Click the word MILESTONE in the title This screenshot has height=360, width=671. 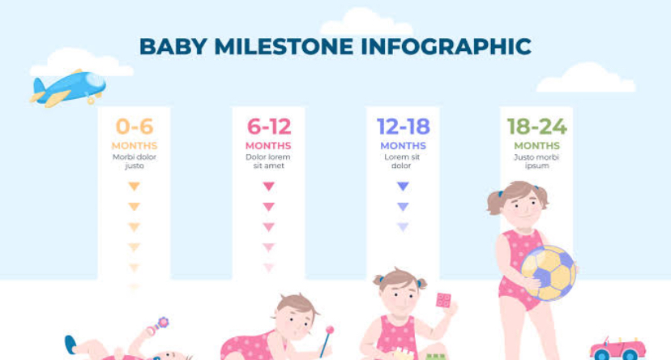click(x=284, y=46)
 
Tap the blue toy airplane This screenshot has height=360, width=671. click(x=68, y=88)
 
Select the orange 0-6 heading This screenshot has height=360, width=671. click(x=135, y=126)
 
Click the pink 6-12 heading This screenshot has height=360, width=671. click(x=269, y=126)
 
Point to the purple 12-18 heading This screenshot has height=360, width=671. click(x=403, y=126)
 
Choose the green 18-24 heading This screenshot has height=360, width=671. click(x=537, y=126)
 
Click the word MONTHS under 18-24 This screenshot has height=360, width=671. click(x=537, y=146)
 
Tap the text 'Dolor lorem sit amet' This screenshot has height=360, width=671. click(x=268, y=161)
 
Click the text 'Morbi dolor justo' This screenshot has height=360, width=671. click(x=135, y=161)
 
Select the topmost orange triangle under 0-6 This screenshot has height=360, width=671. click(x=135, y=186)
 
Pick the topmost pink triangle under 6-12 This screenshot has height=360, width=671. click(x=269, y=186)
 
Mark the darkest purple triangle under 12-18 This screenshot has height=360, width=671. click(x=403, y=186)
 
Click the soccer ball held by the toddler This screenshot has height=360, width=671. click(x=549, y=272)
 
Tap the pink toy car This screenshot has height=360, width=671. click(x=618, y=349)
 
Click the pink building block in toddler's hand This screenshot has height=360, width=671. click(x=443, y=300)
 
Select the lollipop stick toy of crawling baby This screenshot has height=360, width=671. click(x=327, y=341)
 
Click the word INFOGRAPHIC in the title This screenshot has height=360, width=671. click(x=446, y=46)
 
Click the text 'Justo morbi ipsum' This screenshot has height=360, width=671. click(x=536, y=161)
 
